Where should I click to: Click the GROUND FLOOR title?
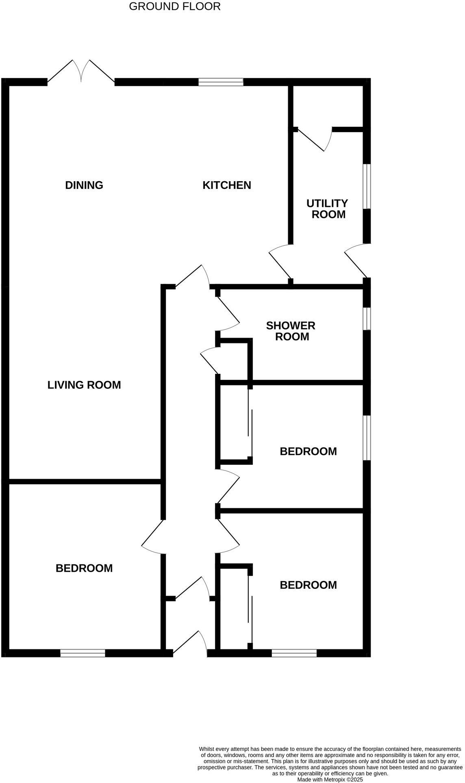175,7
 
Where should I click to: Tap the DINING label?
84,185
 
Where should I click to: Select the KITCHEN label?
227,185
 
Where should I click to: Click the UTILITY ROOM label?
328,209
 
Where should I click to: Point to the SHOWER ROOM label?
291,331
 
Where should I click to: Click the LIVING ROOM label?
84,385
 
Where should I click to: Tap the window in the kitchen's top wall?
221,82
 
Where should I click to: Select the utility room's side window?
367,186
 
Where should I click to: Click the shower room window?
367,319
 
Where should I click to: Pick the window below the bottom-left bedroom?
83,653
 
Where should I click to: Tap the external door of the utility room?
357,260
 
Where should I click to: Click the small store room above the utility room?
328,106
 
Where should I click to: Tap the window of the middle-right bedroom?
367,438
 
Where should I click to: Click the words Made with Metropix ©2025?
330,780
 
